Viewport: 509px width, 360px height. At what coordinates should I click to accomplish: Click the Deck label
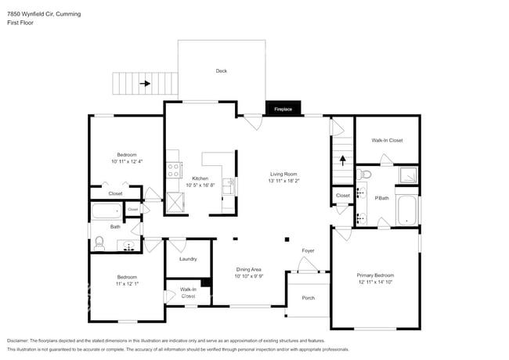(222, 71)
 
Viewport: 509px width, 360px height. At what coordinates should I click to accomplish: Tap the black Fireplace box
(283, 109)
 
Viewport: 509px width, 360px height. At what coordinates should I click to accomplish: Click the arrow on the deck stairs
(145, 81)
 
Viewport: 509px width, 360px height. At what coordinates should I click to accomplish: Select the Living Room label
(283, 174)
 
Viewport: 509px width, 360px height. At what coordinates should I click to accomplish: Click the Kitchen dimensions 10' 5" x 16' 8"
(193, 185)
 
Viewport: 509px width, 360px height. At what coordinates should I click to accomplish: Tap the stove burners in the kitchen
(174, 167)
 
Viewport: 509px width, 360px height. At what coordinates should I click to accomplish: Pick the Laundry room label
(188, 258)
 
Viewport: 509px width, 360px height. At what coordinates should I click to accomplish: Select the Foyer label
(309, 250)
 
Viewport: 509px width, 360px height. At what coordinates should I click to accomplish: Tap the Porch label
(309, 297)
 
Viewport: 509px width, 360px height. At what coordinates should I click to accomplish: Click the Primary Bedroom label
(375, 275)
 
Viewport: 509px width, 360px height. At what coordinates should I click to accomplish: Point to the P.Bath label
(382, 198)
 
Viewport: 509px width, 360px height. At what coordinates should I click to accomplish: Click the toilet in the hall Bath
(99, 244)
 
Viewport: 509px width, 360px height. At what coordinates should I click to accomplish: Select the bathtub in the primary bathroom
(406, 211)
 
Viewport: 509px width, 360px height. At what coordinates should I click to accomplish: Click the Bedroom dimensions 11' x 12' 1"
(127, 283)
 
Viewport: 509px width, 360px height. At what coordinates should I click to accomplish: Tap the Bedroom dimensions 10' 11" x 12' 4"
(127, 161)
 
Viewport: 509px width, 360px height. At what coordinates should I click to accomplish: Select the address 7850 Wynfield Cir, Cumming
(43, 14)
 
